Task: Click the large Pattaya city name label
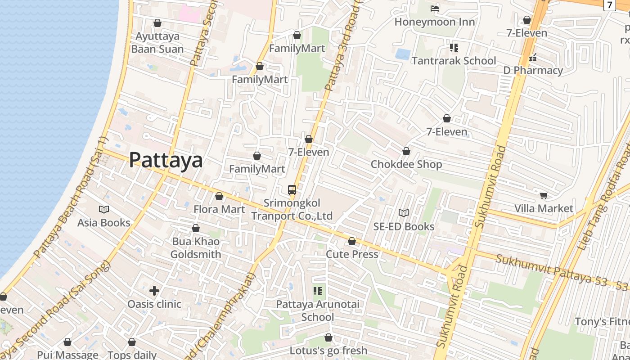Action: click(166, 160)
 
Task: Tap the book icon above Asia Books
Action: click(104, 210)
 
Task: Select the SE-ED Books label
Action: click(404, 226)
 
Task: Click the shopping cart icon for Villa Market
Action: click(544, 195)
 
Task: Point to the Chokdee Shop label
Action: click(406, 164)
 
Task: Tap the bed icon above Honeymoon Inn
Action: click(434, 8)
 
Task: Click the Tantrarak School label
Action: click(454, 60)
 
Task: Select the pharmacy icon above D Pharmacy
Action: click(533, 57)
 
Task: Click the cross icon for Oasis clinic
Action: click(154, 291)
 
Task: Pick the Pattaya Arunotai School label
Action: click(318, 310)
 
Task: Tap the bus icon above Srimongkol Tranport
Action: click(292, 190)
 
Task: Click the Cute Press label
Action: click(352, 254)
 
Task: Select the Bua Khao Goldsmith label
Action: click(196, 248)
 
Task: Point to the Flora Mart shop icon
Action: click(219, 196)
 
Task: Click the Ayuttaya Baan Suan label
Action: click(157, 42)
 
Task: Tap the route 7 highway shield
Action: click(609, 5)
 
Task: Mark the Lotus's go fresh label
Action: click(328, 350)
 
